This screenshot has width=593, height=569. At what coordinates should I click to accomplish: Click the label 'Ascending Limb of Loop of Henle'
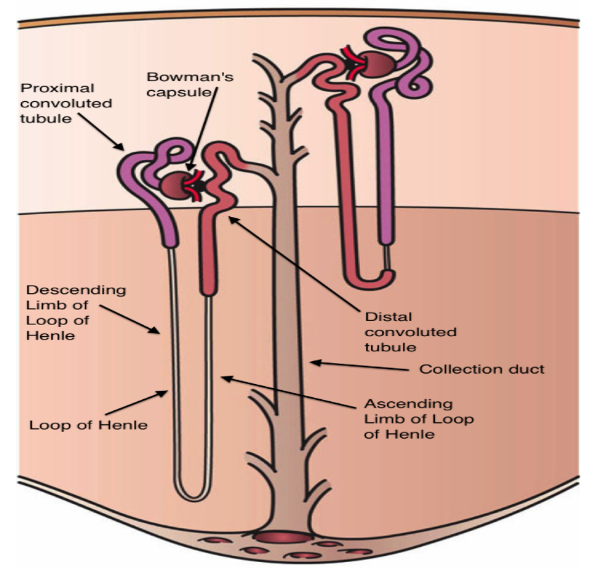(409, 419)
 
